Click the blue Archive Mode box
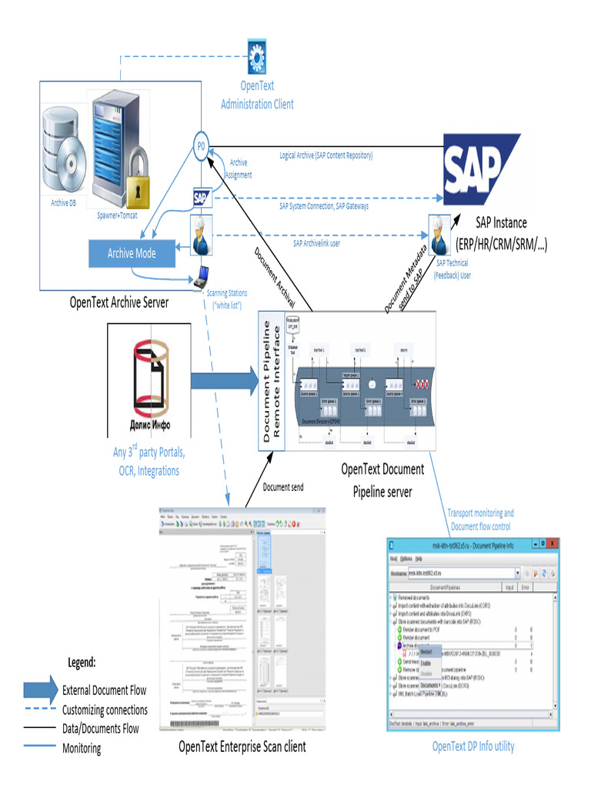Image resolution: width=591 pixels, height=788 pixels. click(131, 253)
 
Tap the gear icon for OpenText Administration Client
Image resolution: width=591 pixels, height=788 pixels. click(256, 57)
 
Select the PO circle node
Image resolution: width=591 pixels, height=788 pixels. click(201, 147)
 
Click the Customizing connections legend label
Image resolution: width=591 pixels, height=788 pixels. click(105, 710)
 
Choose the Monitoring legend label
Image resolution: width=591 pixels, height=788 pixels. click(82, 748)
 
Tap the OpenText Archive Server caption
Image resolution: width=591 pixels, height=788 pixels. click(119, 302)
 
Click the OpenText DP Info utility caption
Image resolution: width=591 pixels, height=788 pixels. click(473, 746)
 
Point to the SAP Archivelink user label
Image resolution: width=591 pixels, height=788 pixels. click(327, 243)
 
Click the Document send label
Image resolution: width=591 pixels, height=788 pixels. click(289, 487)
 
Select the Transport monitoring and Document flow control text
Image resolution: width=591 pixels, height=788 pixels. click(481, 519)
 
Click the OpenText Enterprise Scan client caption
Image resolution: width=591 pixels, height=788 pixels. click(242, 746)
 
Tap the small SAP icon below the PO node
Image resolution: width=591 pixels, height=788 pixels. click(202, 197)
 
